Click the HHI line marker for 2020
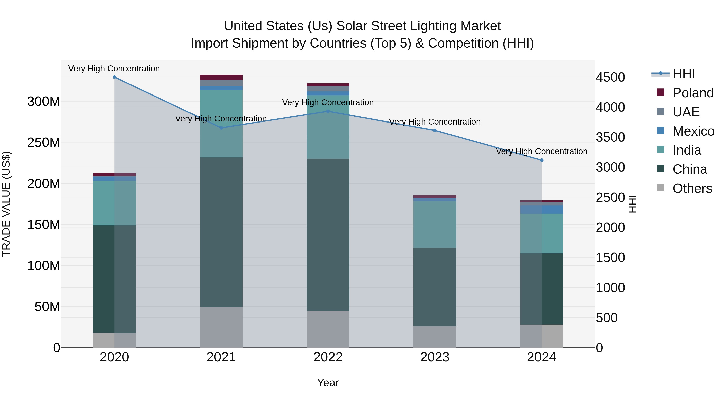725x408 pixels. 114,77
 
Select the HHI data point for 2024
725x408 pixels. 542,160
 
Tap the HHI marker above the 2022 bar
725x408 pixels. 328,111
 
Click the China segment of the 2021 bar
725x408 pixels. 221,232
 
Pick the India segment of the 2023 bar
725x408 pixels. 435,224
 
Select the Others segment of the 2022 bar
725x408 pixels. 328,329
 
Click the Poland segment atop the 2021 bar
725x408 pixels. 221,77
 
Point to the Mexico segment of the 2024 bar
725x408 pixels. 542,210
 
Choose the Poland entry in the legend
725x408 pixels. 693,93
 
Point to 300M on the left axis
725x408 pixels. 44,101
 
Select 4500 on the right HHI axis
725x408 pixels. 610,77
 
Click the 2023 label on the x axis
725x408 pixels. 435,357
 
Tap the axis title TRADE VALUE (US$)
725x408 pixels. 6,204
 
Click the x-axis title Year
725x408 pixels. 328,383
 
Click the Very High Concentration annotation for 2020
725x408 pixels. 114,69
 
